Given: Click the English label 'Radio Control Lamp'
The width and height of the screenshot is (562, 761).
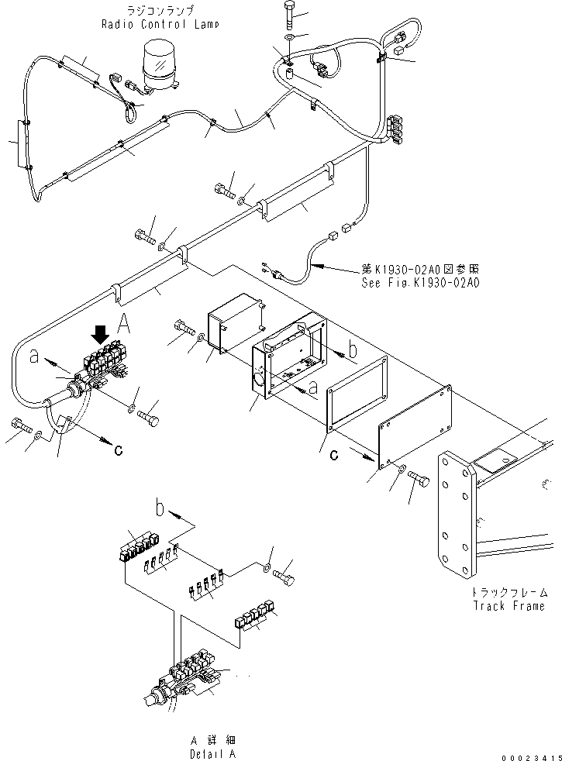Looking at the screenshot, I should pyautogui.click(x=160, y=24).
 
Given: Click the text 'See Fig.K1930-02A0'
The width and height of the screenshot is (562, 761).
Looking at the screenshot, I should pyautogui.click(x=420, y=283).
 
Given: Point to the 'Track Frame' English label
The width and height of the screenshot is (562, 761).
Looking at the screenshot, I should pyautogui.click(x=509, y=606).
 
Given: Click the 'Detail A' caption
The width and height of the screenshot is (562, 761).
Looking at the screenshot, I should pyautogui.click(x=212, y=753).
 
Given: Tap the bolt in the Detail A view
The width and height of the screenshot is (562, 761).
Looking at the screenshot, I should pyautogui.click(x=285, y=577).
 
